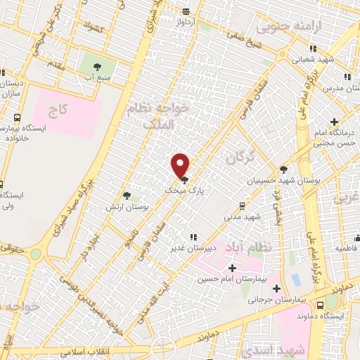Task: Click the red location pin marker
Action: (x=181, y=165)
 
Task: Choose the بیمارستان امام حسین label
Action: (x=224, y=280)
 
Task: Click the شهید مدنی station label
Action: (x=243, y=217)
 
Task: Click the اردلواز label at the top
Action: (x=184, y=21)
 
